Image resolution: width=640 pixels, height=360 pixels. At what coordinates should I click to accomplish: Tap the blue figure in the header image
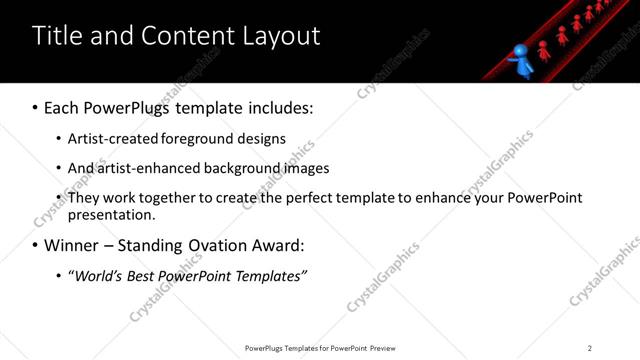point(521,59)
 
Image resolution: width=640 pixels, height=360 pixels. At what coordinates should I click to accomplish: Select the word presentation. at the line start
point(111,214)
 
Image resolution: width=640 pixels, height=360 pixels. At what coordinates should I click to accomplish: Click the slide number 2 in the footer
point(590,348)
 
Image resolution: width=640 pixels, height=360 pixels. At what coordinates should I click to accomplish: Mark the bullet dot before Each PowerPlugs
point(36,108)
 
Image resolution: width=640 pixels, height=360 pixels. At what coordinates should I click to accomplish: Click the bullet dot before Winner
point(36,246)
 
